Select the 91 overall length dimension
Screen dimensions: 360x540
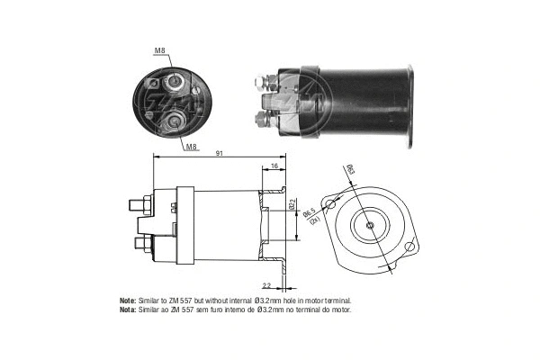pyautogui.click(x=219, y=154)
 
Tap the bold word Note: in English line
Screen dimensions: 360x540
pyautogui.click(x=127, y=300)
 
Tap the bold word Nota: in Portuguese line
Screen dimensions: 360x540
pyautogui.click(x=127, y=309)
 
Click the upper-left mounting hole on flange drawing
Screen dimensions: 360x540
pyautogui.click(x=331, y=204)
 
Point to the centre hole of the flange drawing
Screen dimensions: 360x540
pyautogui.click(x=371, y=224)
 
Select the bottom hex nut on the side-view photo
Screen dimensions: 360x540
pyautogui.click(x=263, y=119)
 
